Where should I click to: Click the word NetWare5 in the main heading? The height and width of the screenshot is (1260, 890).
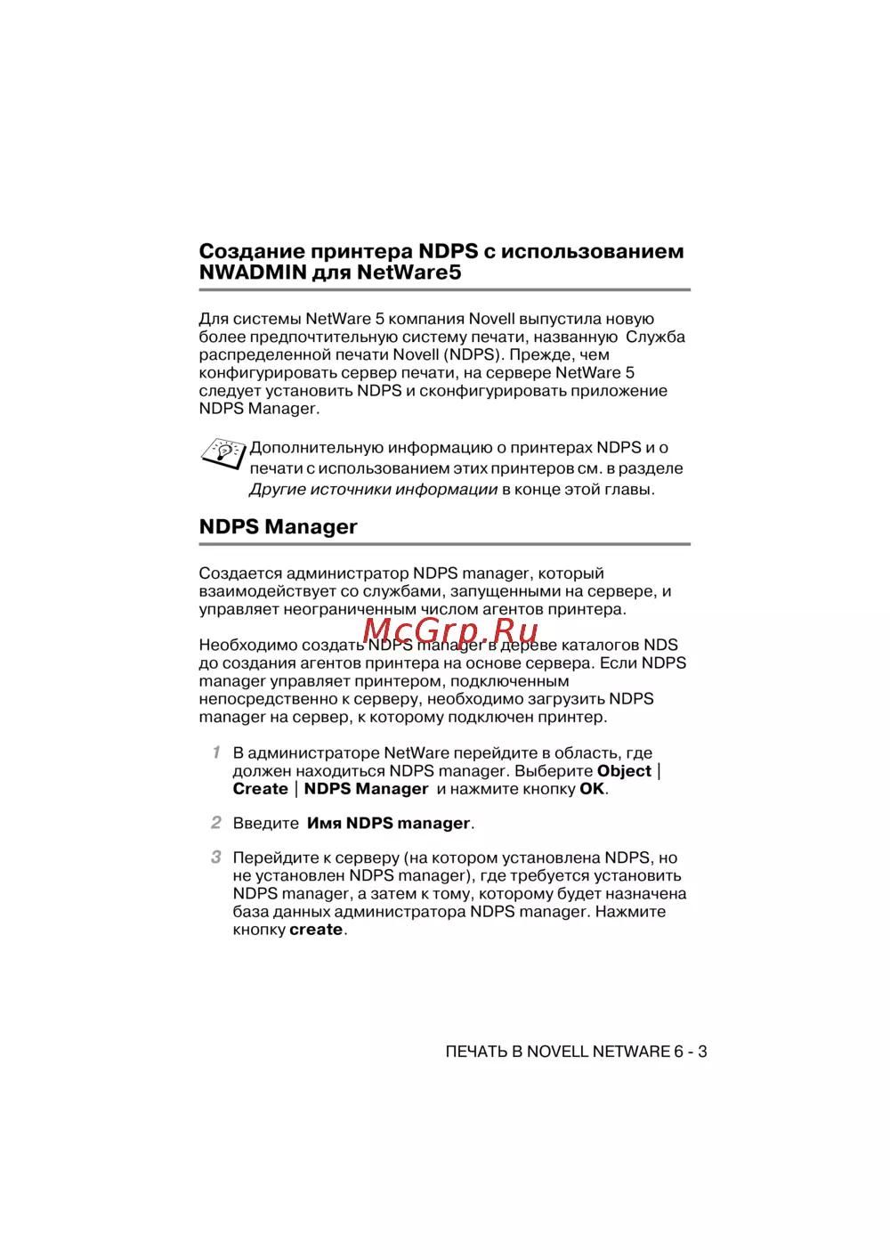[409, 272]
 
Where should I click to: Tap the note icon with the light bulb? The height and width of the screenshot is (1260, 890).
[222, 453]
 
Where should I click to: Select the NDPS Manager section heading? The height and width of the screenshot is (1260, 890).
[278, 527]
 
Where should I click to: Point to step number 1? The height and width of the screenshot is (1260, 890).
[216, 752]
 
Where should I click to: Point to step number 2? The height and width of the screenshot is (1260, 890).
[216, 823]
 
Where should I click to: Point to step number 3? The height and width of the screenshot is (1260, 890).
[216, 858]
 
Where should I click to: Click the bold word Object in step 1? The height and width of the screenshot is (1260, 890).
[624, 771]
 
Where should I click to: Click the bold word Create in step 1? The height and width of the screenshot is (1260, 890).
[260, 789]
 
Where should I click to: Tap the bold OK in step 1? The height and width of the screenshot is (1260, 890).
[592, 789]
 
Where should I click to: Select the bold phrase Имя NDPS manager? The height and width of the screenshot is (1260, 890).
[388, 824]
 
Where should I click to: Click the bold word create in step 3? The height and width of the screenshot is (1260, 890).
[316, 930]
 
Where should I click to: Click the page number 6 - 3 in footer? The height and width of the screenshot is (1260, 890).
[691, 1052]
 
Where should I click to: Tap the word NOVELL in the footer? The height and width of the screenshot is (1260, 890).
[557, 1052]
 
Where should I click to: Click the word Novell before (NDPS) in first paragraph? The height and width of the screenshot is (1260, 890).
[416, 354]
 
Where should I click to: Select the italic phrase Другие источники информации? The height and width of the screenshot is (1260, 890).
[373, 489]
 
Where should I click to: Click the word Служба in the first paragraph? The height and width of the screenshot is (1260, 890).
[655, 337]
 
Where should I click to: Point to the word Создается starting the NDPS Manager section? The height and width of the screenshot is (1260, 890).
[240, 573]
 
